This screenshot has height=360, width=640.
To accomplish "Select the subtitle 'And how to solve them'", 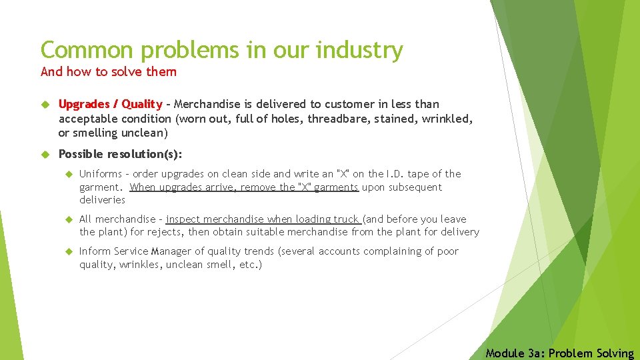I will (109, 71).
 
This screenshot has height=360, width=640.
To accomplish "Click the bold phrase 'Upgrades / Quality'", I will (110, 104).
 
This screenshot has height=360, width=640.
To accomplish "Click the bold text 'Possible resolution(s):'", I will (120, 154).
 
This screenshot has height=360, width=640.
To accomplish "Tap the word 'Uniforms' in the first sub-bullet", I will (100, 174).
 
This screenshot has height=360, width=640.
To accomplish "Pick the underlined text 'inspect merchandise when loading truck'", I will (263, 219).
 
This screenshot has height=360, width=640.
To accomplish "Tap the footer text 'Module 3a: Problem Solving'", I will (560, 353).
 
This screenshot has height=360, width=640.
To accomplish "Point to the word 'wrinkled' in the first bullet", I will (449, 119).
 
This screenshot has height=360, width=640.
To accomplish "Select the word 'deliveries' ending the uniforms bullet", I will (102, 200).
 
